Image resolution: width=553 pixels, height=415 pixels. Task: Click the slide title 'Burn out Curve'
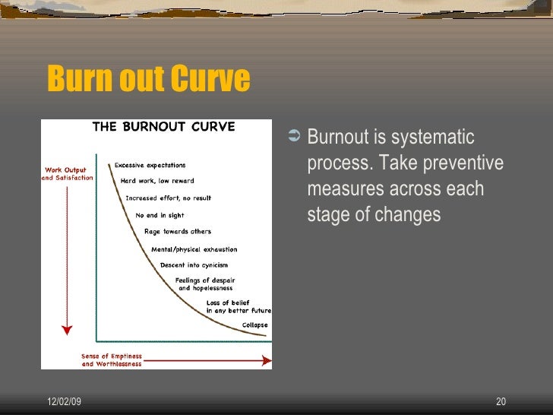(x=148, y=79)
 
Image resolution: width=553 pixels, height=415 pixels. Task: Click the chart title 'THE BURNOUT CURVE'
(x=163, y=126)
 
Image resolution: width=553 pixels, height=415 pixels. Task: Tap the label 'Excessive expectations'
(x=150, y=165)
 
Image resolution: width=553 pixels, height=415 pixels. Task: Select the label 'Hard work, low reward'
(x=157, y=181)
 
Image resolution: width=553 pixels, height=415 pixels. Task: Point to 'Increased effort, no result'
(x=169, y=198)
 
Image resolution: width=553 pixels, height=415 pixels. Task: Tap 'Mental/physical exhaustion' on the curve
(x=194, y=249)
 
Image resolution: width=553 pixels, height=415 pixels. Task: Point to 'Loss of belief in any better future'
(x=239, y=307)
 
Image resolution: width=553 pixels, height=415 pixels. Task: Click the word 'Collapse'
(x=254, y=325)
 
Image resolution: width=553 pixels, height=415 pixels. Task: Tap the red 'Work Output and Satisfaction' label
(x=67, y=174)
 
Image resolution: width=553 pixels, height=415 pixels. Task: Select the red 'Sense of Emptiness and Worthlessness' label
(x=112, y=360)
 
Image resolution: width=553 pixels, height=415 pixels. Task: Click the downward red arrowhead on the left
(x=67, y=330)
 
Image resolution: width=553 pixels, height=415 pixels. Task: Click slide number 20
(x=501, y=401)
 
